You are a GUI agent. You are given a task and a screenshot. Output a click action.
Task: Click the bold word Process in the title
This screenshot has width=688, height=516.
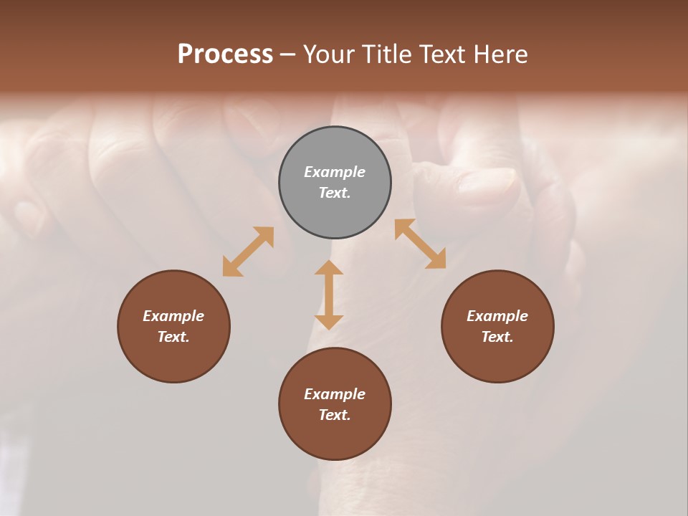(225, 54)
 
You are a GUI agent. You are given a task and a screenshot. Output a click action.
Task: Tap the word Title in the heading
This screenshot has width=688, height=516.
(391, 54)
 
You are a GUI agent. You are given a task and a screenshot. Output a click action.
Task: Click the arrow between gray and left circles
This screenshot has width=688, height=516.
(248, 252)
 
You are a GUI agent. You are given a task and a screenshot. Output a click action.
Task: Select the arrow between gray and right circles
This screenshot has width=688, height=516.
(420, 244)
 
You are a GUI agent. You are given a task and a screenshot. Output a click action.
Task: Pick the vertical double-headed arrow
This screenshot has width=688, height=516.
(329, 295)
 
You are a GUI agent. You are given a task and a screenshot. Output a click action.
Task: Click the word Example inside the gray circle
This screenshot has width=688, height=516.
(335, 172)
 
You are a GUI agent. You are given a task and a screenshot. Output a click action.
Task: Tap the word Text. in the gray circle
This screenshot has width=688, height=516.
(335, 193)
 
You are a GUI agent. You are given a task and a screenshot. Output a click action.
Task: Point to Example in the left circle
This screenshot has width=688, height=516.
(173, 316)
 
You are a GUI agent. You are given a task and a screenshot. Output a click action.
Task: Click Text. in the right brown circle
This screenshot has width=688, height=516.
(497, 337)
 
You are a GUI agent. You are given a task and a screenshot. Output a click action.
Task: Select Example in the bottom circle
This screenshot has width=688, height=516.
(335, 394)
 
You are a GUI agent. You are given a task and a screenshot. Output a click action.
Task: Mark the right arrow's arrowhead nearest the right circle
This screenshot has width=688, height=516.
(437, 261)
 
